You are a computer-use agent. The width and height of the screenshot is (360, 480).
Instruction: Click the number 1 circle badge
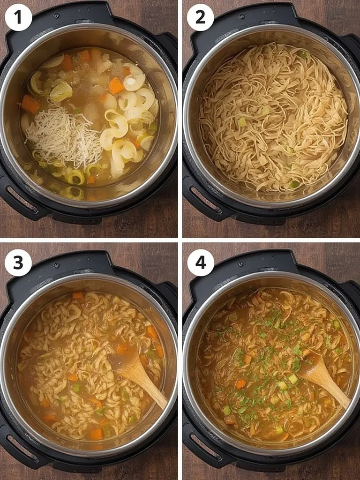pos(18,17)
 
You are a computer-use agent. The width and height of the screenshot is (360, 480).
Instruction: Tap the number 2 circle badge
pos(200,17)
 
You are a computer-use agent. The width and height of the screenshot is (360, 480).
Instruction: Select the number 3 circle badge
pos(18,262)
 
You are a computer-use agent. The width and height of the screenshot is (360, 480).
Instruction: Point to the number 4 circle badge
pos(200,262)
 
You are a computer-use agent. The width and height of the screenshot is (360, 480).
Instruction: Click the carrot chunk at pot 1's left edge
pos(30,104)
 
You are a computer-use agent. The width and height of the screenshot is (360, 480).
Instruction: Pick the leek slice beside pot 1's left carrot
pos(61,91)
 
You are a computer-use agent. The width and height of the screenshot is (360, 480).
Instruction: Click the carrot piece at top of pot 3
pos(78,296)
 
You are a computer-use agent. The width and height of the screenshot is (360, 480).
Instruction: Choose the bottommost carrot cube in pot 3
pos(96,434)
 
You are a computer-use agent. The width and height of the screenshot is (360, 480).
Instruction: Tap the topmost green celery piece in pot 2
pos(303,56)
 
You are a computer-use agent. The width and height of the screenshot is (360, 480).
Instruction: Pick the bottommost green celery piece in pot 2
pos(294,184)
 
